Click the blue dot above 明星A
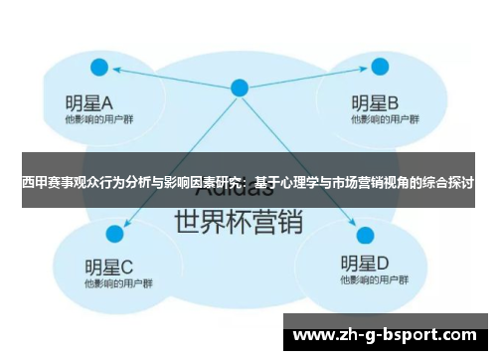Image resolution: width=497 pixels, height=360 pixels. pyautogui.click(x=98, y=68)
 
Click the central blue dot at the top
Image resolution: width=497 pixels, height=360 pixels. pyautogui.click(x=239, y=88)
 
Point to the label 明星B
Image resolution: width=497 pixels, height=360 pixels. pyautogui.click(x=375, y=101)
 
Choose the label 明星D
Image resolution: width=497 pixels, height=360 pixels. pyautogui.click(x=364, y=264)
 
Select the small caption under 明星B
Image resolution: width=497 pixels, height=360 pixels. pyautogui.click(x=377, y=119)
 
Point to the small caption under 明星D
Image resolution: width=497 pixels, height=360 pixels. pyautogui.click(x=366, y=282)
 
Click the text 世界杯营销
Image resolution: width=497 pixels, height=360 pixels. pyautogui.click(x=239, y=221)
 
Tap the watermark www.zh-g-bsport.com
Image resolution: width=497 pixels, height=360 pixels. pyautogui.click(x=386, y=335)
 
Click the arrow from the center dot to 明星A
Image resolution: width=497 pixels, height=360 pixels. pyautogui.click(x=169, y=78)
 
